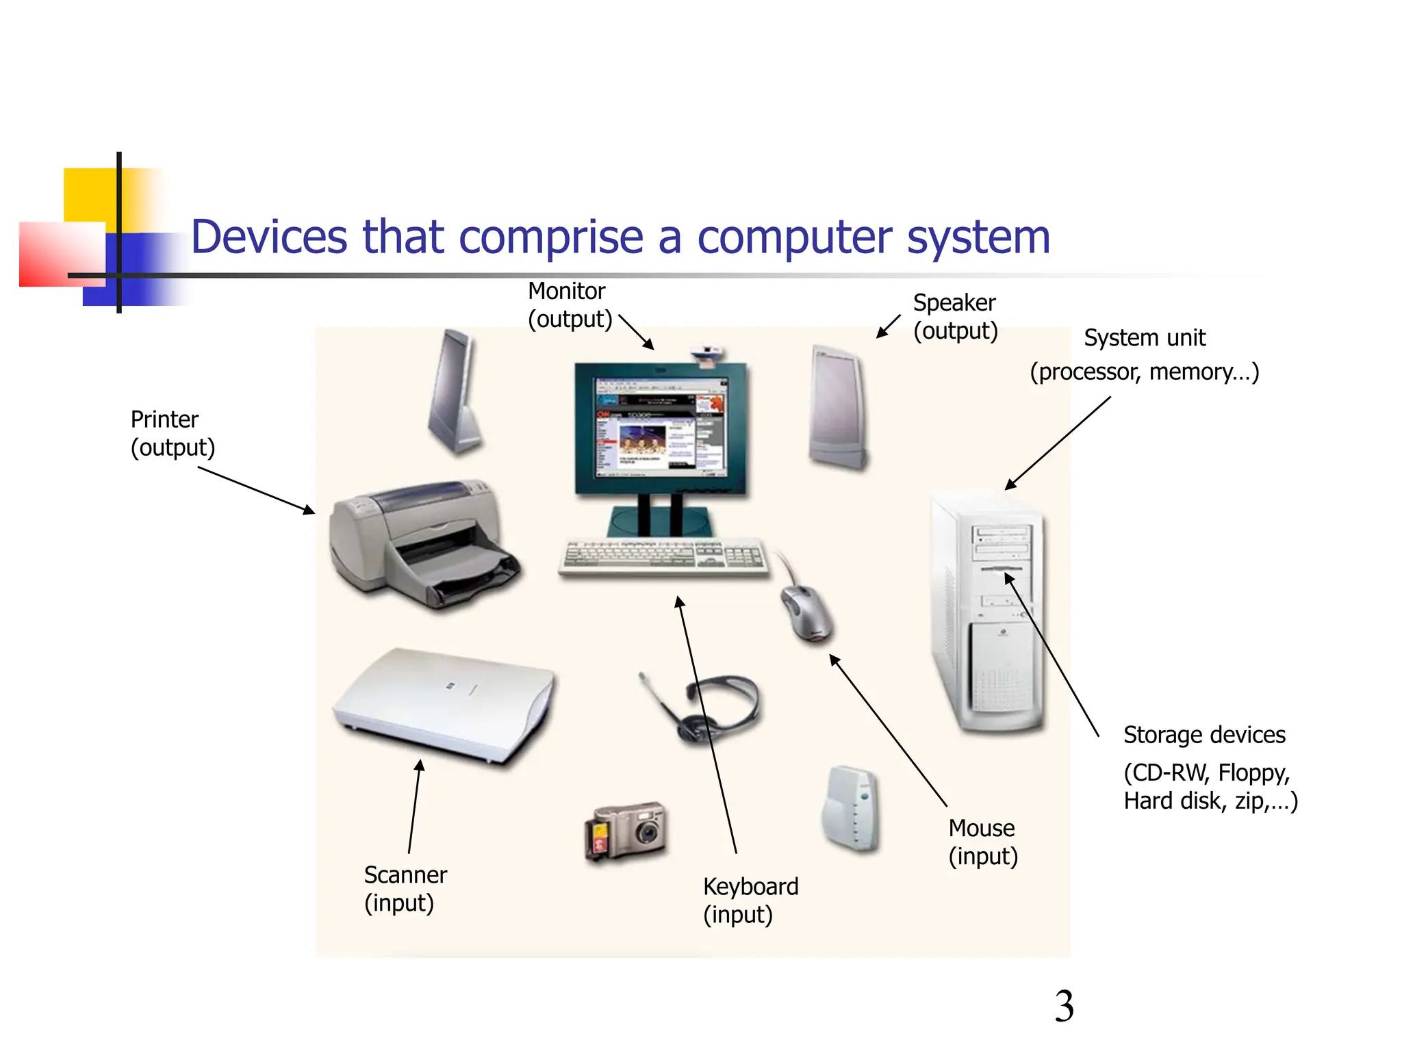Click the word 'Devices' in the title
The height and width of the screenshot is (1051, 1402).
(269, 237)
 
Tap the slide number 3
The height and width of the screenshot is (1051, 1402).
(1064, 1007)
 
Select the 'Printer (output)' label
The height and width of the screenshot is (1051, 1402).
(173, 433)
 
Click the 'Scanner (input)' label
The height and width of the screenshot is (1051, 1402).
(405, 888)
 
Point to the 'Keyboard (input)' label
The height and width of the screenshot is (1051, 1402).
(750, 900)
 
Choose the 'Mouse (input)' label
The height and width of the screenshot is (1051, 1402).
(983, 842)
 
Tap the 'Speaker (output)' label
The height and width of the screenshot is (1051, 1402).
(955, 316)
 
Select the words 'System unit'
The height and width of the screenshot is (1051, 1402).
(1144, 338)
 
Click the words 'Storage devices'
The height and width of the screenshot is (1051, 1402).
(1204, 735)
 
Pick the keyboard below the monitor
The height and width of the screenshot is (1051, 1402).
(663, 556)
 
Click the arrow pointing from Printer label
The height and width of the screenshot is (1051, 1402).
(256, 490)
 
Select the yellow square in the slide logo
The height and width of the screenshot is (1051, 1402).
(89, 194)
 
